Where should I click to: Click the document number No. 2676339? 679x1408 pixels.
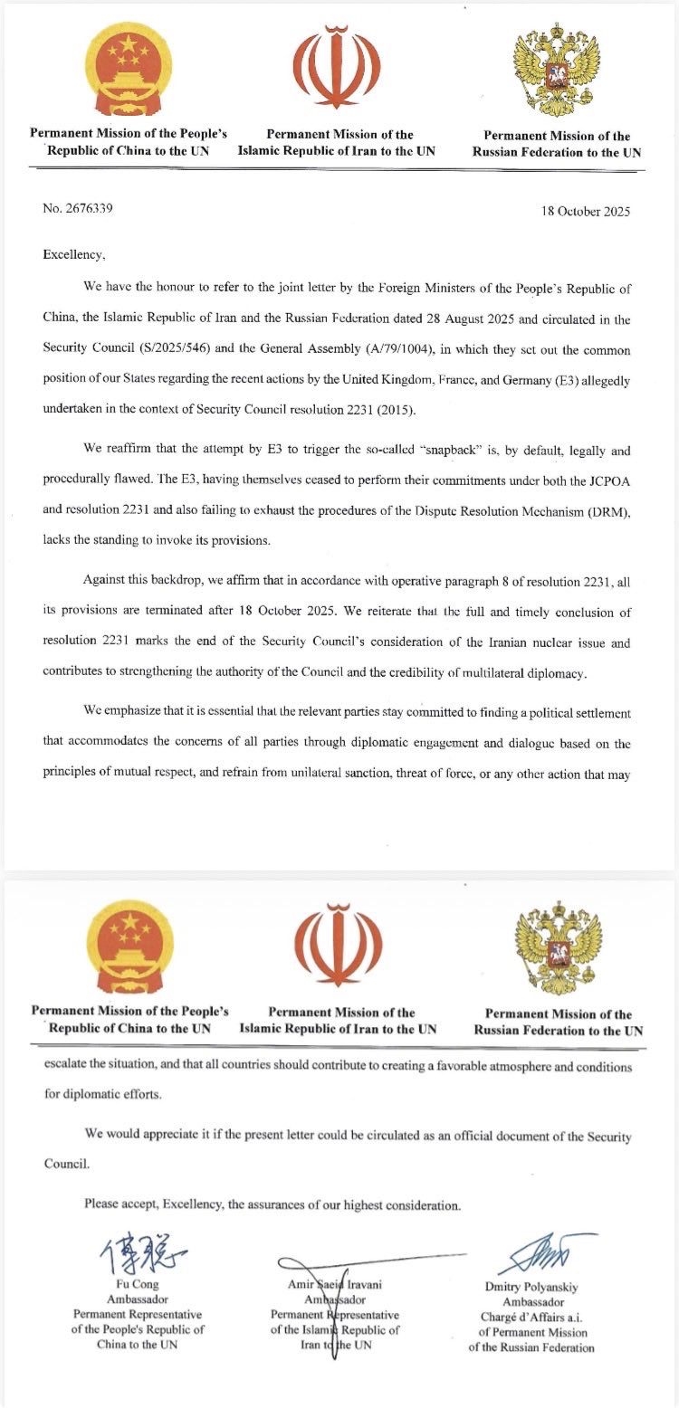click(x=78, y=208)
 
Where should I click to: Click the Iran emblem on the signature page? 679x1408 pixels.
click(x=338, y=947)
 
